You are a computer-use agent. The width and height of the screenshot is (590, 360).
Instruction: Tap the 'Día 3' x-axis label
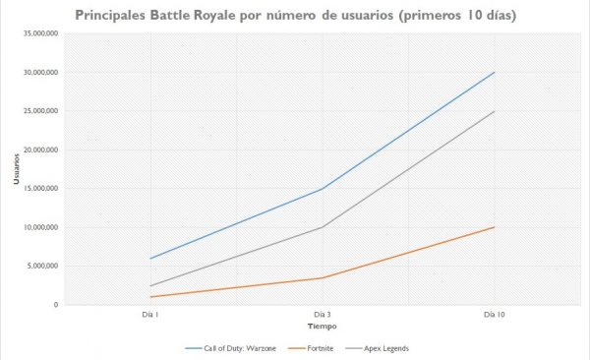pyautogui.click(x=322, y=316)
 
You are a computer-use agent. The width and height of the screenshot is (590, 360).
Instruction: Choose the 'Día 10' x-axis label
pyautogui.click(x=495, y=316)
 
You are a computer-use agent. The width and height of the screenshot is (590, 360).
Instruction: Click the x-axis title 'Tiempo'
pyautogui.click(x=322, y=326)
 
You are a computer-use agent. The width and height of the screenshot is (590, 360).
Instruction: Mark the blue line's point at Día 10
pyautogui.click(x=495, y=72)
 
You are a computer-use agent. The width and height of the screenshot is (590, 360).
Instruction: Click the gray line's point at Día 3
pyautogui.click(x=322, y=227)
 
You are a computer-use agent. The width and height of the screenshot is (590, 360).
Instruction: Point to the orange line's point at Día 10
pyautogui.click(x=495, y=227)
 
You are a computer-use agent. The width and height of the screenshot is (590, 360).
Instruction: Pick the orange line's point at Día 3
pyautogui.click(x=322, y=277)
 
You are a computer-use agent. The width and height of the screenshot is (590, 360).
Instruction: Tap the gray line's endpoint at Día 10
pyautogui.click(x=495, y=111)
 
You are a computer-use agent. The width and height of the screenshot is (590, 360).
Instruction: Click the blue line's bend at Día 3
pyautogui.click(x=322, y=189)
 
